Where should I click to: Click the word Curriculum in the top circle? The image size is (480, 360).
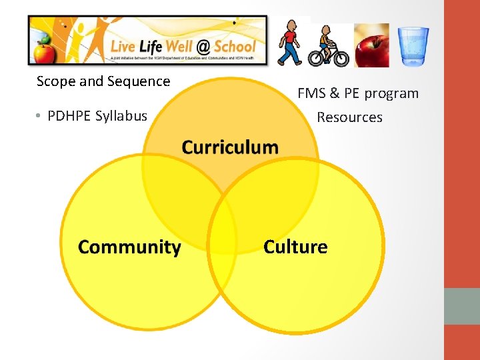coord(230,147)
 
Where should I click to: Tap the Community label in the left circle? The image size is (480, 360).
coord(129,247)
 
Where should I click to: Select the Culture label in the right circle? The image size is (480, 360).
coord(295,247)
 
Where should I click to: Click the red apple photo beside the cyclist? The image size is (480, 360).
coord(371,45)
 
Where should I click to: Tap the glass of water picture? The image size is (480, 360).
coord(413,45)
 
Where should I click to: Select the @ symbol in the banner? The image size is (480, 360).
coord(201,46)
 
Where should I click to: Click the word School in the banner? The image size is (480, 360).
coord(235,46)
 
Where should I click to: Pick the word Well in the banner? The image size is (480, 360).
coord(176,46)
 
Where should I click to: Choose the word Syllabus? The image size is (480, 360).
coord(121,116)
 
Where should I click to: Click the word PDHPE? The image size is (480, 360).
coord(69,116)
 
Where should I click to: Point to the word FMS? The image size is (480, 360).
coord(311,93)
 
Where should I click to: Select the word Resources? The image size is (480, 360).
coord(349,117)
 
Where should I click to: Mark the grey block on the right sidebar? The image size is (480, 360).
coord(461,306)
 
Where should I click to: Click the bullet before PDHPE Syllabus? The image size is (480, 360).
coord(39,116)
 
